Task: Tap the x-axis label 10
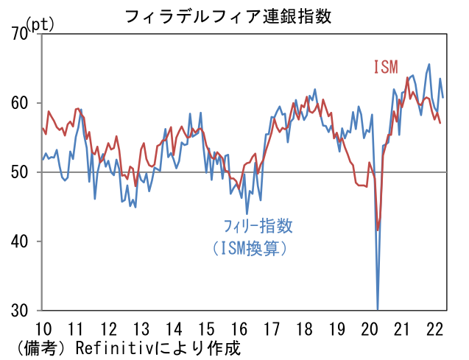(x=43, y=328)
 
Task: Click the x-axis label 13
(x=140, y=328)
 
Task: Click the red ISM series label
(x=385, y=67)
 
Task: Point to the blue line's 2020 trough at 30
(x=378, y=308)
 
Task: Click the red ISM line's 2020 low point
(x=378, y=230)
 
